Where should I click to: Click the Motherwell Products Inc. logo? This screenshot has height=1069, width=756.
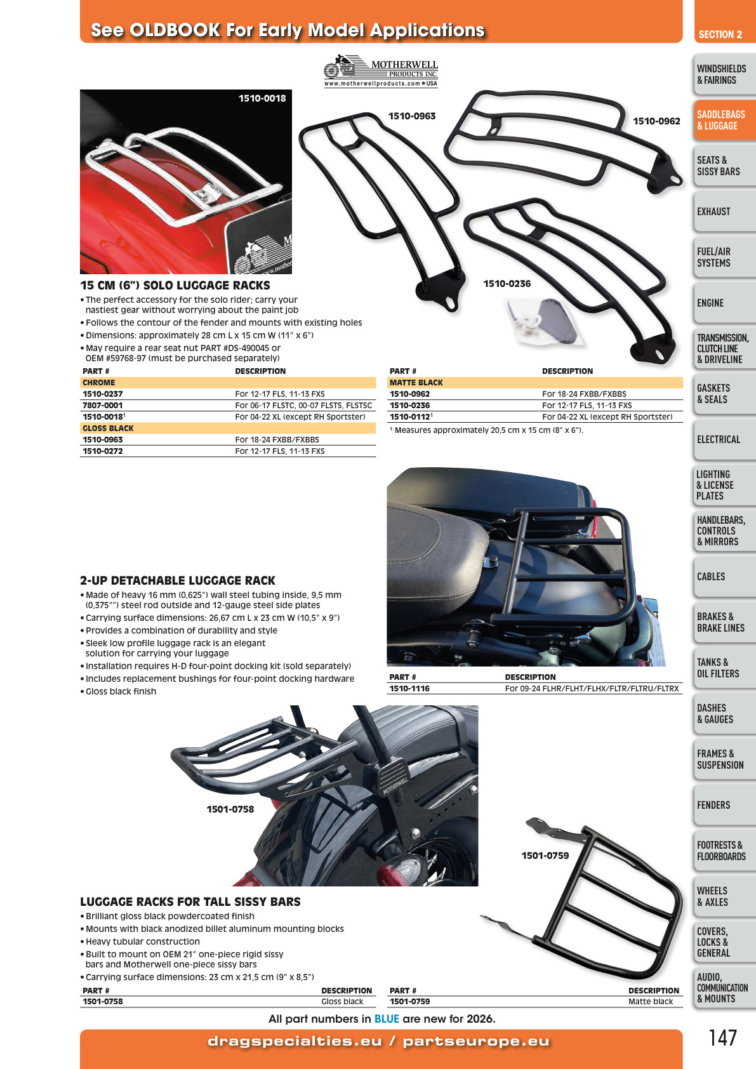tap(380, 70)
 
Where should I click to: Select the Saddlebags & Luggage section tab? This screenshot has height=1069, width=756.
tap(724, 120)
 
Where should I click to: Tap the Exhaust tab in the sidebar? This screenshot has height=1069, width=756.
tap(724, 211)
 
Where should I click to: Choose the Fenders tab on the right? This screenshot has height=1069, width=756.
tap(724, 805)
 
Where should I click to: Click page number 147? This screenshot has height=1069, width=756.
tap(722, 1038)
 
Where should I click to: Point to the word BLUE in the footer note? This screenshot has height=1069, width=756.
tap(387, 1019)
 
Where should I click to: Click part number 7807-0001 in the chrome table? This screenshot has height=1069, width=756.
tap(103, 405)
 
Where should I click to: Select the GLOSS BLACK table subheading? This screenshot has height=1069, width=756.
tap(108, 428)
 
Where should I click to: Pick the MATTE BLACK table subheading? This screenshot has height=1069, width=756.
tap(416, 382)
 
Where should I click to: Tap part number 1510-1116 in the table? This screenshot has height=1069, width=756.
tap(409, 688)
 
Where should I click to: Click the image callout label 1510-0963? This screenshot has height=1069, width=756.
tap(412, 116)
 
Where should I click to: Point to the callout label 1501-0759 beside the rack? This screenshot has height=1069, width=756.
tap(545, 856)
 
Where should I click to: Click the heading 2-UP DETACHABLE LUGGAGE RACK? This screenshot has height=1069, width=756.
tap(178, 580)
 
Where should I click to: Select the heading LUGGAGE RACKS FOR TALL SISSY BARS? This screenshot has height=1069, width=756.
tap(190, 901)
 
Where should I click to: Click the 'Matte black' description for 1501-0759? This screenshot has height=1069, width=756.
tap(651, 1001)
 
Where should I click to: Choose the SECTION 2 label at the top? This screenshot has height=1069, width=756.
tap(720, 34)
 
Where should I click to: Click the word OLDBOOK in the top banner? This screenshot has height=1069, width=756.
tap(175, 30)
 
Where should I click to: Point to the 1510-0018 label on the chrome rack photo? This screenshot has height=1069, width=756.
tap(262, 98)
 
